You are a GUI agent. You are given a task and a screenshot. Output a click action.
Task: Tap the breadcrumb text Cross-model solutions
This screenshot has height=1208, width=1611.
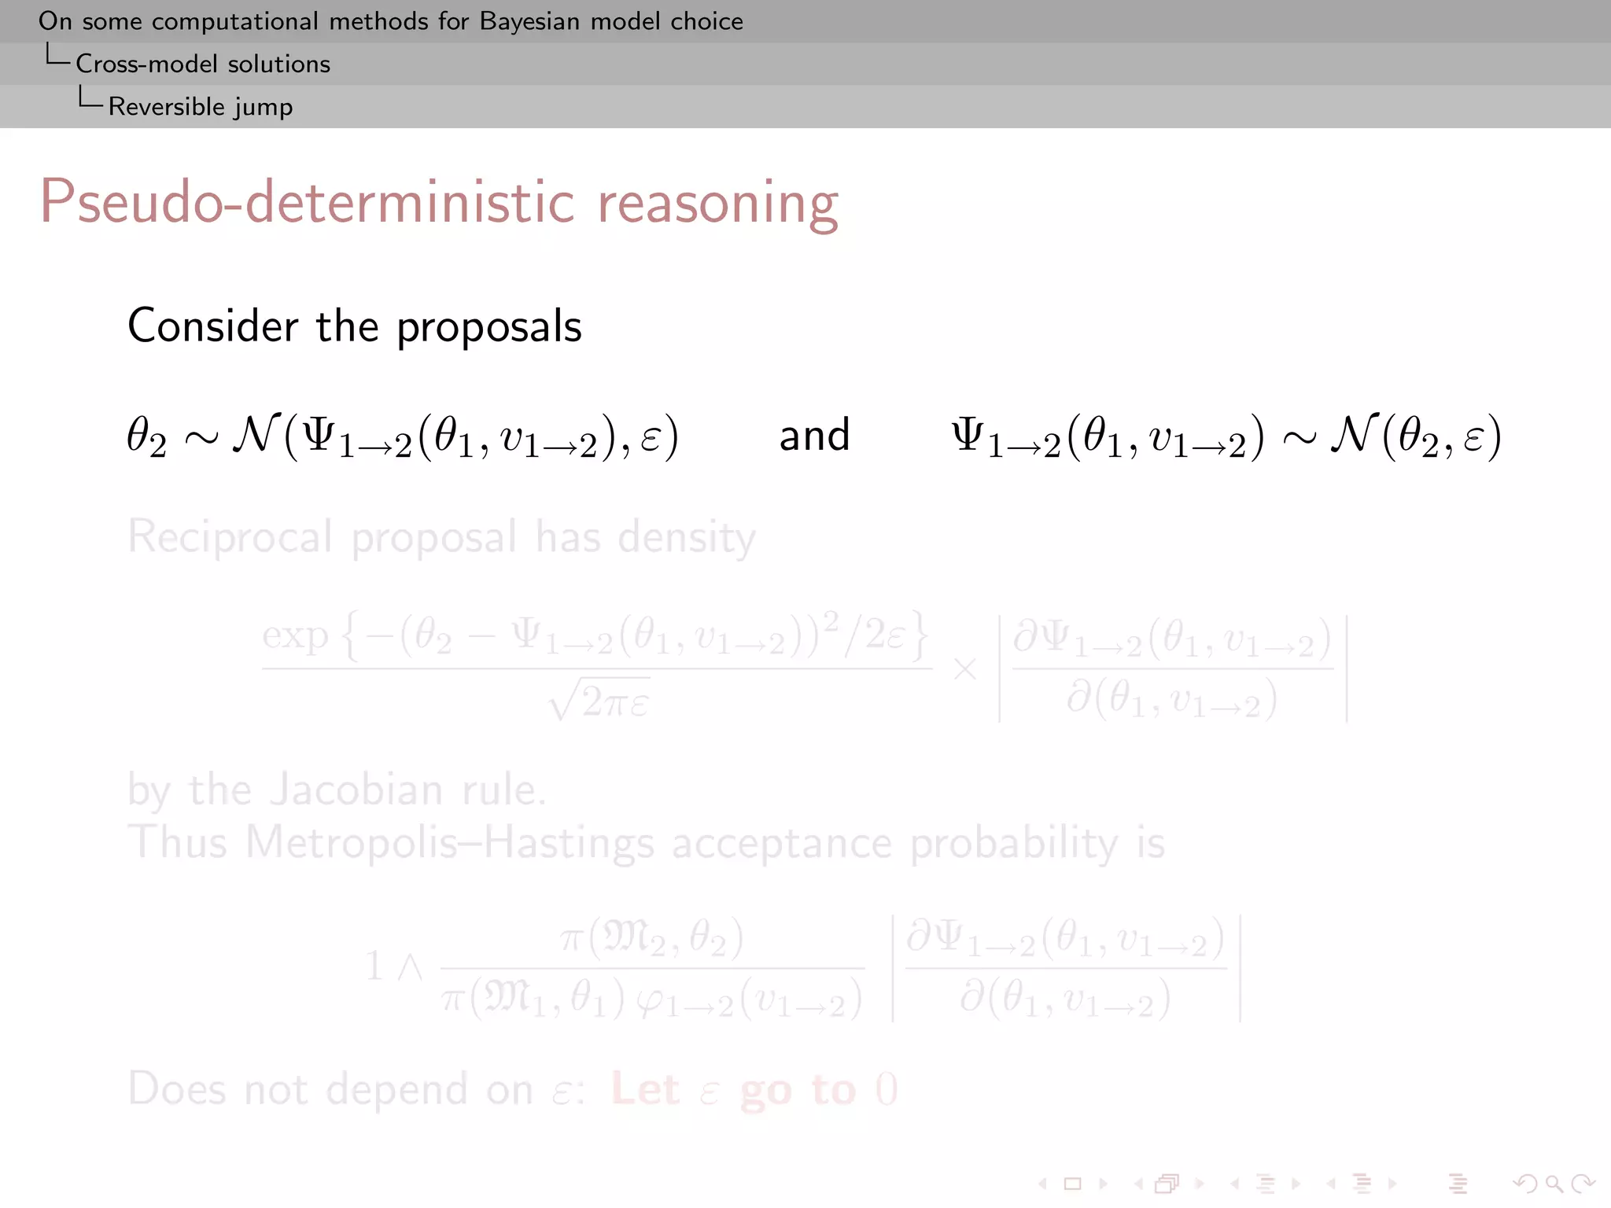tap(203, 64)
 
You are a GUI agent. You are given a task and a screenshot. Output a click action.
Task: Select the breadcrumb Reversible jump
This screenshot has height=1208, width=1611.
tap(201, 106)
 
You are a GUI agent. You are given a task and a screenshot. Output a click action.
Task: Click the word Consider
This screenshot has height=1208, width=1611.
tap(213, 326)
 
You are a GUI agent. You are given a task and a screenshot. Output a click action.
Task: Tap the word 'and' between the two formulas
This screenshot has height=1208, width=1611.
tap(814, 435)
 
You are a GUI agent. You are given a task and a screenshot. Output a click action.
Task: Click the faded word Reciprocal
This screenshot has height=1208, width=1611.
tap(230, 537)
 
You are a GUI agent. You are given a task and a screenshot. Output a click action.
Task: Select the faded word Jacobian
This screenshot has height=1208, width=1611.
tap(356, 790)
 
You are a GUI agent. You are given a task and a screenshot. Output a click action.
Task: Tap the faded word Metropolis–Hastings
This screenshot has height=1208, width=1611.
tap(450, 843)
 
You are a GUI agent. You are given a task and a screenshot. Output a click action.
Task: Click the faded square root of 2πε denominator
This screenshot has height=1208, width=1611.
tap(599, 701)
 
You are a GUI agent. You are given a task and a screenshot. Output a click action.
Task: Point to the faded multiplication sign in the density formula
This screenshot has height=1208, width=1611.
tap(965, 670)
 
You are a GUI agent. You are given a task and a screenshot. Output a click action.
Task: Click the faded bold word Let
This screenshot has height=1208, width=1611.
tap(645, 1090)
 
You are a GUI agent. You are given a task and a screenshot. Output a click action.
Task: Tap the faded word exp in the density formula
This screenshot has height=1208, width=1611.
tap(295, 635)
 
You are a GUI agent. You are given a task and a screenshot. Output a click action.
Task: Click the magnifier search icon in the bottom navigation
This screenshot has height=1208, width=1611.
tap(1554, 1184)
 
